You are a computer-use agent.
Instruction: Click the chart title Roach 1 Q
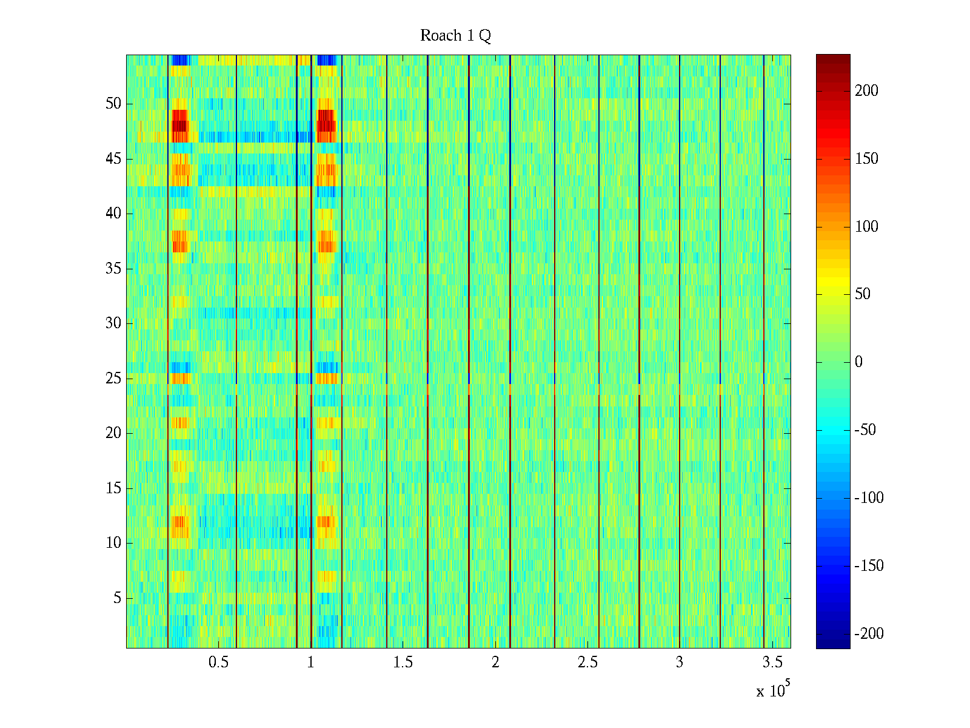coord(455,36)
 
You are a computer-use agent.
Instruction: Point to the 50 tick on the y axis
coord(113,104)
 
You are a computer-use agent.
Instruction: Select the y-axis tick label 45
coord(113,159)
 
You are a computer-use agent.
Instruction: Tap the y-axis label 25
coord(113,379)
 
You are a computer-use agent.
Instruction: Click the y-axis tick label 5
coord(117,598)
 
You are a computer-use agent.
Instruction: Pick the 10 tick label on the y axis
coord(113,543)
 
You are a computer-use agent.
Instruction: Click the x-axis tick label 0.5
coord(218,662)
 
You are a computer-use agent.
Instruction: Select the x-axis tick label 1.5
coord(403,662)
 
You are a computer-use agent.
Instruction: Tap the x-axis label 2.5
coord(587,662)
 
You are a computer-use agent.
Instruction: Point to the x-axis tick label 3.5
coord(772,662)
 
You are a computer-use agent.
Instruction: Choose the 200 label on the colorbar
coord(866,91)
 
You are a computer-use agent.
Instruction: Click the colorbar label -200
coord(869,634)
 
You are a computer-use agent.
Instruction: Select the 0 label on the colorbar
coord(858,362)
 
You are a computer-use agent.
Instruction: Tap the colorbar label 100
coord(866,227)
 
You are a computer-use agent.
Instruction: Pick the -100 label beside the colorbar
coord(869,498)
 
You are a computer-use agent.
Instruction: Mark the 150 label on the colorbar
coord(866,159)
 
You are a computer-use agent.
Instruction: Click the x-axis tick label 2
coord(495,662)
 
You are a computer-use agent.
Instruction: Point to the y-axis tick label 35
coord(113,269)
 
